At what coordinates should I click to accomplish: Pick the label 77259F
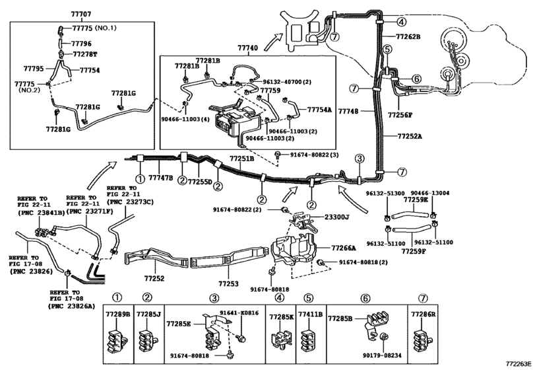pyautogui.click(x=416, y=252)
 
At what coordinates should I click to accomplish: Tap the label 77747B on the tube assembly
pyautogui.click(x=160, y=178)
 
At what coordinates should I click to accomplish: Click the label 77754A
pyautogui.click(x=320, y=110)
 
